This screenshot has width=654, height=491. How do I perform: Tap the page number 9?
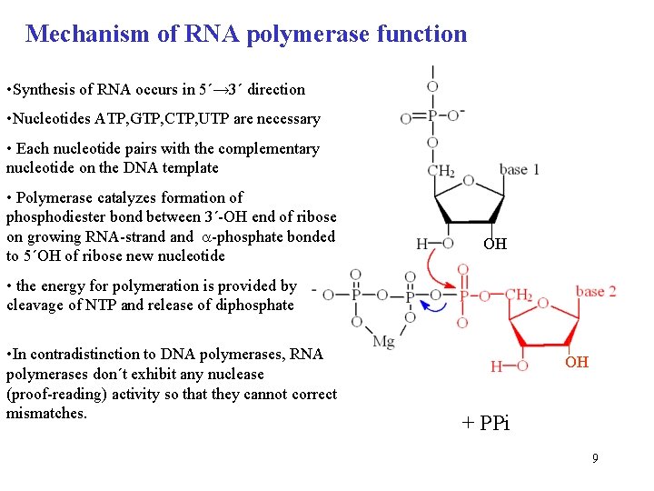pyautogui.click(x=595, y=458)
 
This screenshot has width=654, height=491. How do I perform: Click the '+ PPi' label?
pyautogui.click(x=486, y=424)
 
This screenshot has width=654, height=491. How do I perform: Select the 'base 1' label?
pyautogui.click(x=520, y=169)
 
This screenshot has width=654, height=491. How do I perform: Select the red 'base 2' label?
pyautogui.click(x=596, y=291)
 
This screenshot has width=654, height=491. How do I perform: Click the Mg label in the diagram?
pyautogui.click(x=384, y=342)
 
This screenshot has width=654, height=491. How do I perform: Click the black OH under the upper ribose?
pyautogui.click(x=495, y=244)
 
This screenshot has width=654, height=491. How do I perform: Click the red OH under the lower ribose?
pyautogui.click(x=577, y=362)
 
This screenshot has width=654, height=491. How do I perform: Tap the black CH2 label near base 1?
pyautogui.click(x=441, y=170)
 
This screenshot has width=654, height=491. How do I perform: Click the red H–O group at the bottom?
pyautogui.click(x=510, y=366)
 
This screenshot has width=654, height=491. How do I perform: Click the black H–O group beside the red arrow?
pyautogui.click(x=434, y=244)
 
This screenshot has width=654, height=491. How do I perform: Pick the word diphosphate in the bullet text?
pyautogui.click(x=253, y=305)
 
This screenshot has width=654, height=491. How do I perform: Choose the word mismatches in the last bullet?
pyautogui.click(x=46, y=413)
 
